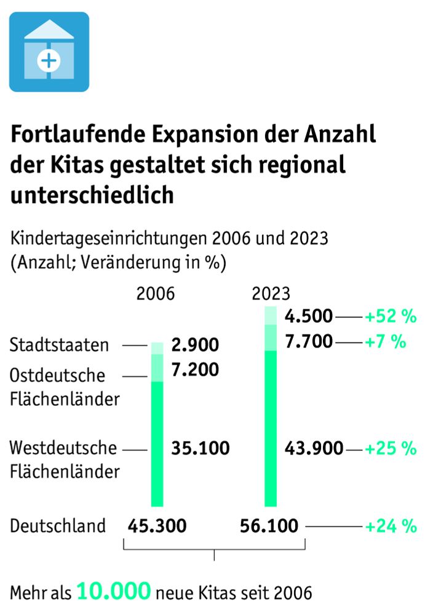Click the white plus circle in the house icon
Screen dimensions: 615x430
pos(49,60)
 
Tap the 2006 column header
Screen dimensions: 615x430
pos(156,293)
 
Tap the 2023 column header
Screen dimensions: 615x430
pos(271,293)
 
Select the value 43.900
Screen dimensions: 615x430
pos(314,448)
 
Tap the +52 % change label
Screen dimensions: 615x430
pos(391,317)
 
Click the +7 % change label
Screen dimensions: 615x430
pos(385,341)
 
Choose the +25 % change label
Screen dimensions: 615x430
pos(391,448)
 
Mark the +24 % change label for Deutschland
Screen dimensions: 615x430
pos(391,526)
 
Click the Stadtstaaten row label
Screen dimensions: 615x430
pos(59,346)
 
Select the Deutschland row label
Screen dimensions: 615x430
pos(58,526)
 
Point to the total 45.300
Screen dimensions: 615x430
pos(157,526)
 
